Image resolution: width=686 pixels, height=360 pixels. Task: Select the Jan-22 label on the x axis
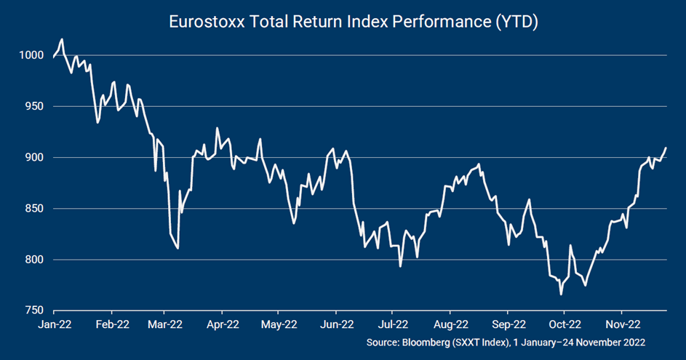54,324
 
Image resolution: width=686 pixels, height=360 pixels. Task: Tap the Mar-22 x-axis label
167,324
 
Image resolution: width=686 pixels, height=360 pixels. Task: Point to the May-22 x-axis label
280,324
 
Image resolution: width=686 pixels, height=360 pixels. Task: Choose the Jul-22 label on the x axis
393,324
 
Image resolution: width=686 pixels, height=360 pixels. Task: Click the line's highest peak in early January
62,39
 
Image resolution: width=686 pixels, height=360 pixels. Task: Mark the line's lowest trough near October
561,295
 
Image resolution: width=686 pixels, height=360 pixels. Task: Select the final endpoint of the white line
666,148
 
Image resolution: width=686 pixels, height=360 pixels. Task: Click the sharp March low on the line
178,249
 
